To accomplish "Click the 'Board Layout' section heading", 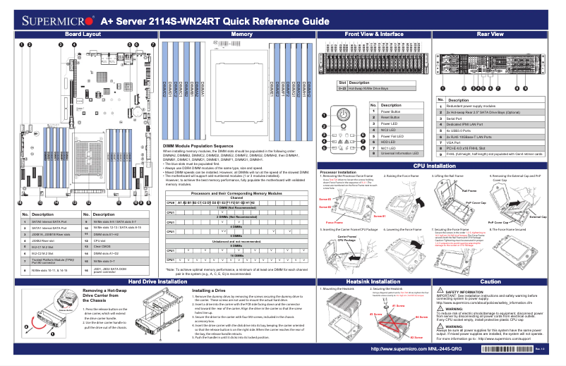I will coord(83,34).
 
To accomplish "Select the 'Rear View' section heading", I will coord(490,34).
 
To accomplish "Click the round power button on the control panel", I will coord(343,116).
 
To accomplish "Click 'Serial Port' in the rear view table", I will coord(456,118).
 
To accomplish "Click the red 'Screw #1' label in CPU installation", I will coord(379,216).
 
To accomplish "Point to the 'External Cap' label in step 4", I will coord(538,217).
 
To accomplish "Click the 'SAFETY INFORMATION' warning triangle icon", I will coord(441,291).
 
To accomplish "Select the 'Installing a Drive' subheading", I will coord(209,291).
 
